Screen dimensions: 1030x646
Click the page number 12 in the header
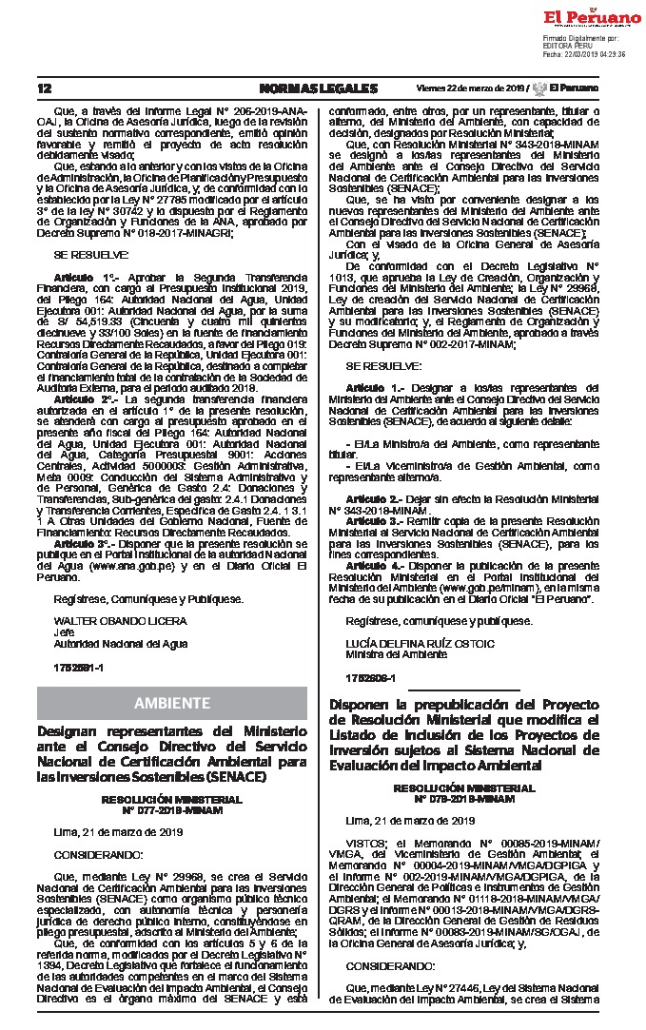click(45, 88)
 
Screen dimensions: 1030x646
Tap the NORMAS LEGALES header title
click(318, 88)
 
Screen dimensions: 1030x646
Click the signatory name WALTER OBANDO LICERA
click(107, 620)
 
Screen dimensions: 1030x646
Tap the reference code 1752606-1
click(370, 678)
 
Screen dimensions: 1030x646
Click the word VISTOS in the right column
click(366, 842)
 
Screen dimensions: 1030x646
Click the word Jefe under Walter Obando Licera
click(64, 631)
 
